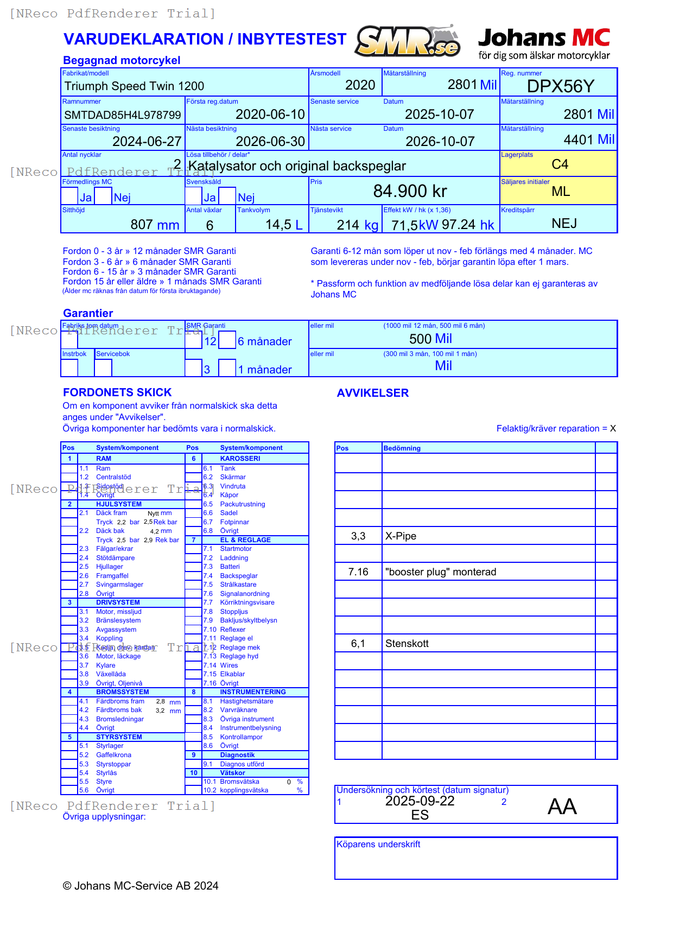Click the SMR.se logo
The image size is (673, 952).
(408, 41)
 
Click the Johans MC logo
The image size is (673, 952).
(544, 43)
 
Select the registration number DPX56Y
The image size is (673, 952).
(561, 86)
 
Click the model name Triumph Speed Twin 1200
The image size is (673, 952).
(134, 86)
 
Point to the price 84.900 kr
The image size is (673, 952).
(410, 191)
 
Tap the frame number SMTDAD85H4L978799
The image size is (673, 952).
(123, 115)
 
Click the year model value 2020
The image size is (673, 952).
(360, 85)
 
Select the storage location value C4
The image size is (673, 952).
(560, 164)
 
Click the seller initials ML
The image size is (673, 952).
(561, 192)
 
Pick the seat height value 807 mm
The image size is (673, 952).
(155, 225)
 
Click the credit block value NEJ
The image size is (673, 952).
(564, 224)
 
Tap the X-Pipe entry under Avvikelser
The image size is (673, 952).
(401, 536)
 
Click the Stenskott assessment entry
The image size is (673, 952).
(407, 644)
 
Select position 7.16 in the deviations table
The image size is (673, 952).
(358, 572)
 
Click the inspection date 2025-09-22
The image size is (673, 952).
(420, 801)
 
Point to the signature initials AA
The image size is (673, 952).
(562, 807)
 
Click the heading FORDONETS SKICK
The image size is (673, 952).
(117, 392)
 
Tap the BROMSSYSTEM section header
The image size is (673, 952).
(122, 692)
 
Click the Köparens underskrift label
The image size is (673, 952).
(378, 845)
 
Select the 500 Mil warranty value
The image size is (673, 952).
(430, 339)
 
